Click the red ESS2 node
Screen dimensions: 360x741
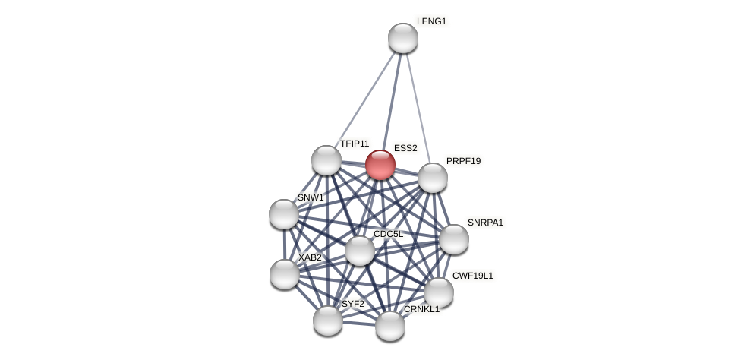380,165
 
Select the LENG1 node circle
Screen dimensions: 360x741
402,38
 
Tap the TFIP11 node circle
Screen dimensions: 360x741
326,160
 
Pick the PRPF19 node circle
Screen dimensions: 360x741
433,178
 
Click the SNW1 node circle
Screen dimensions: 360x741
284,214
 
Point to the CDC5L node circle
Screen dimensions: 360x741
360,251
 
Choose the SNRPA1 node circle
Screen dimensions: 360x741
454,239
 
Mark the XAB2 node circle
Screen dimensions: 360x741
285,274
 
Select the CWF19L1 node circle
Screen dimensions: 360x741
439,292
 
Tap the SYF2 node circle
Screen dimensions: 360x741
328,321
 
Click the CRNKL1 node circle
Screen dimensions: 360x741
390,326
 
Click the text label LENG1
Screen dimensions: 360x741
431,21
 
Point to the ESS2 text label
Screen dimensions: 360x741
405,148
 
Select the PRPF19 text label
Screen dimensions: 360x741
463,161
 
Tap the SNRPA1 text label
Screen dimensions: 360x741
485,223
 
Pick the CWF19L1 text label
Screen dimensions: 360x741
472,276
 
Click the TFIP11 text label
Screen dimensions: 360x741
355,144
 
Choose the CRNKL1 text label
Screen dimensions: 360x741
421,309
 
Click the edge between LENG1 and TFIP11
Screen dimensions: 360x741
364,99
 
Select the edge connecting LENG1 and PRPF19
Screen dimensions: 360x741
418,106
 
